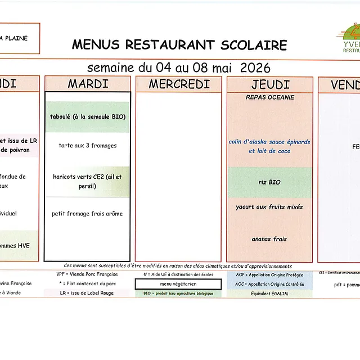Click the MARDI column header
pyautogui.click(x=88, y=84)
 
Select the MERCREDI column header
pyautogui.click(x=179, y=84)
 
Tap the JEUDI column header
pyautogui.click(x=269, y=84)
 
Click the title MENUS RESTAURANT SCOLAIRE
pyautogui.click(x=179, y=45)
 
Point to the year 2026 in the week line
pyautogui.click(x=255, y=68)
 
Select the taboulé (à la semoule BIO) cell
pyautogui.click(x=88, y=117)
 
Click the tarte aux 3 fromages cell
pyautogui.click(x=88, y=146)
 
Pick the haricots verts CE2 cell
pyautogui.click(x=88, y=181)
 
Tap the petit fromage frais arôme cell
pyautogui.click(x=88, y=214)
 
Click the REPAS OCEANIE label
pyautogui.click(x=269, y=97)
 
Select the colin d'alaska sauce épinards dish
pyautogui.click(x=269, y=146)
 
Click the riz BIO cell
pyautogui.click(x=269, y=182)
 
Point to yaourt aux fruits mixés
pyautogui.click(x=269, y=207)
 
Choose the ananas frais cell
pyautogui.click(x=269, y=239)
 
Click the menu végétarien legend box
pyautogui.click(x=178, y=284)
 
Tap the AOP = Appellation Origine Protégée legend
pyautogui.click(x=269, y=275)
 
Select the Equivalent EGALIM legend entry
pyautogui.click(x=269, y=293)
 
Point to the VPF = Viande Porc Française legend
pyautogui.click(x=87, y=274)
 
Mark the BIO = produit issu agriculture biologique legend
pyautogui.click(x=178, y=293)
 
